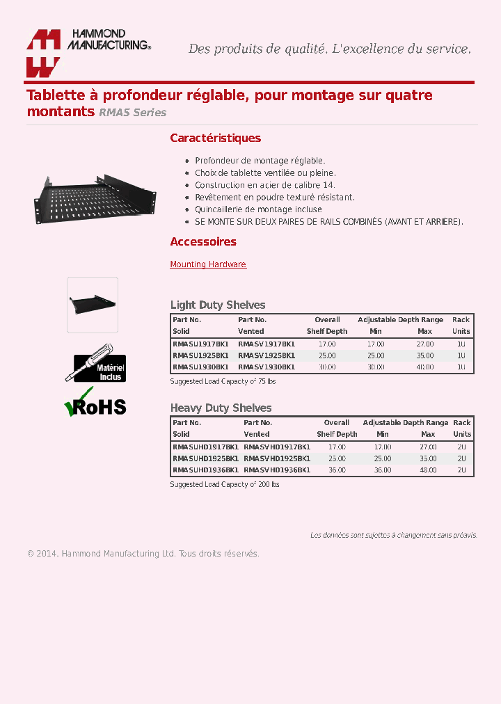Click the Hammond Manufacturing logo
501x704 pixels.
(x=88, y=52)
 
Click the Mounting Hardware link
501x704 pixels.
(x=208, y=264)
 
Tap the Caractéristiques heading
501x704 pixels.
(x=215, y=138)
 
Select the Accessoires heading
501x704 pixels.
(x=203, y=241)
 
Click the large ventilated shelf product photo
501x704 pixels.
(x=95, y=198)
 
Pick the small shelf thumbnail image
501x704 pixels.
(x=92, y=305)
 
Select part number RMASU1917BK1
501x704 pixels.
(x=200, y=344)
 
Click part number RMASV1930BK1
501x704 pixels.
(x=267, y=367)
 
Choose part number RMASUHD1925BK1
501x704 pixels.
(x=205, y=458)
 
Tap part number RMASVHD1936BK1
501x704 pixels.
(x=277, y=470)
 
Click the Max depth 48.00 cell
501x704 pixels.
(x=428, y=470)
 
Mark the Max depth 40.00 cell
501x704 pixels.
(x=424, y=367)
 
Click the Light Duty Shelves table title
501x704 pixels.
(x=218, y=305)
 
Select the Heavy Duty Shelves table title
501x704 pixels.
(x=221, y=408)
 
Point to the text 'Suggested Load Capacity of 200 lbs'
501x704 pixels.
(x=225, y=484)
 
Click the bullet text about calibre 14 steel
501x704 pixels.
(x=264, y=185)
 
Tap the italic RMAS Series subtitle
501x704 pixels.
(x=132, y=113)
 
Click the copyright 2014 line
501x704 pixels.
(x=143, y=554)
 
